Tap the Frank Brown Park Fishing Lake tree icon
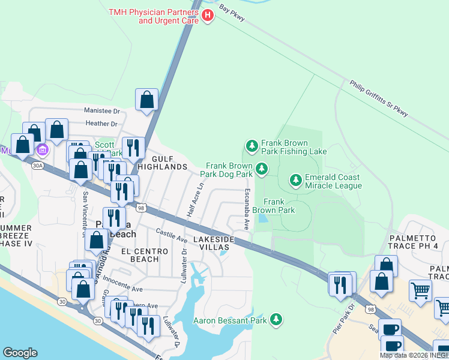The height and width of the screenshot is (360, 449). pos(252,145)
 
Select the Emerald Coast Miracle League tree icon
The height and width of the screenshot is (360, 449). pos(295,179)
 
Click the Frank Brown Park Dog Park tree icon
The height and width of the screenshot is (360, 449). pos(261,169)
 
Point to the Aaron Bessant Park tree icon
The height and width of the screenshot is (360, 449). pos(276,319)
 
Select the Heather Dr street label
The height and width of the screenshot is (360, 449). pos(101,124)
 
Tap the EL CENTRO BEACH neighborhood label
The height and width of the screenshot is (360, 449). pos(140,255)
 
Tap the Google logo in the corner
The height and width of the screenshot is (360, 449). pos(20,353)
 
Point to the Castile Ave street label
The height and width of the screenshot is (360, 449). pos(172,235)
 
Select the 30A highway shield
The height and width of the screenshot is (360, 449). pos(38,165)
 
